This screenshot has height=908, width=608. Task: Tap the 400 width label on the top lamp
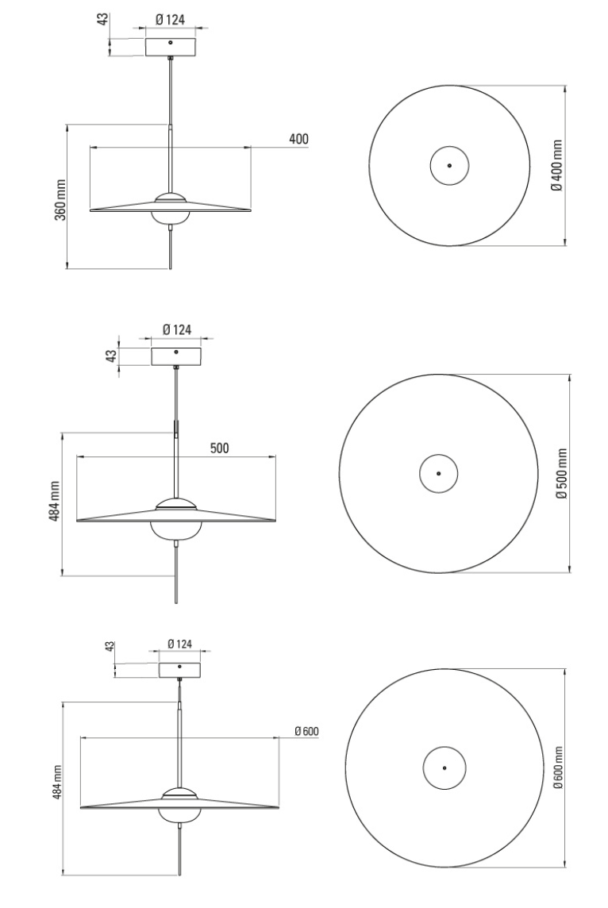[x=298, y=139]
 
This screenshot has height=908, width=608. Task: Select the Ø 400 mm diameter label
[x=556, y=165]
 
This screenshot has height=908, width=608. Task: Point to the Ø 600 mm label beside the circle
[x=558, y=768]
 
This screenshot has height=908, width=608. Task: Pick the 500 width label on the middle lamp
[x=219, y=448]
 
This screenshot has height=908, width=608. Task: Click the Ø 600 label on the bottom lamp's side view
[x=306, y=731]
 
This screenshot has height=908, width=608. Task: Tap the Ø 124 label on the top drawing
[x=170, y=20]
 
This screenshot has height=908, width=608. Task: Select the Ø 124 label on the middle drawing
[x=177, y=329]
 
